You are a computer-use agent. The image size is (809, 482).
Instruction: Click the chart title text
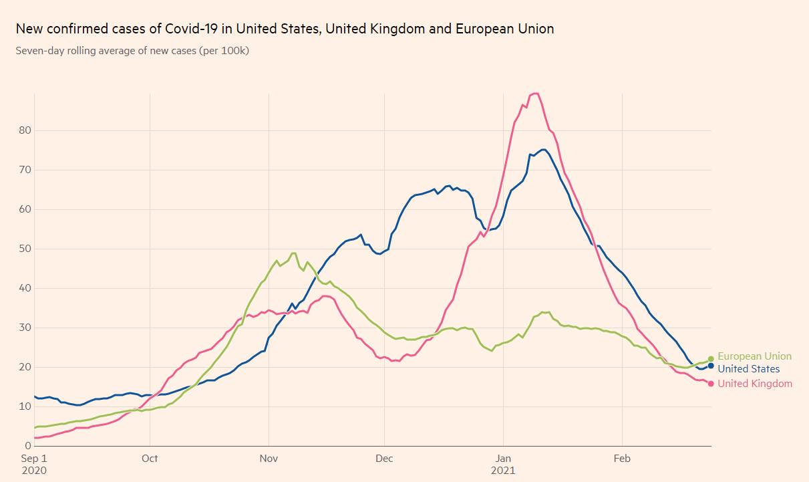tap(285, 29)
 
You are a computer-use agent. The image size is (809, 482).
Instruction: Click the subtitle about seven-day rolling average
tap(132, 51)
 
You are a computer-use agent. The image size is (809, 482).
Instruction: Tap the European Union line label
tap(754, 356)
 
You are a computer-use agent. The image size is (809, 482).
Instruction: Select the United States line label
tap(748, 369)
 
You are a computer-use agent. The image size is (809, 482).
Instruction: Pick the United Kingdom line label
tap(755, 384)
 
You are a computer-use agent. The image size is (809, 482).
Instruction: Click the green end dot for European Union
tap(711, 359)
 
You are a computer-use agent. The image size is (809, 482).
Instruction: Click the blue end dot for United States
tap(711, 366)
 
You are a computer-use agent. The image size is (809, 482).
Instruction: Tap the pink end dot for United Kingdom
tap(711, 384)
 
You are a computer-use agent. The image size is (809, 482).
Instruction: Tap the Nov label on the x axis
tap(269, 459)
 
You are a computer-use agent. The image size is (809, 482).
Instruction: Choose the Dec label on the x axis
tap(384, 459)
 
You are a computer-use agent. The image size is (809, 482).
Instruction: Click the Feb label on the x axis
tap(622, 459)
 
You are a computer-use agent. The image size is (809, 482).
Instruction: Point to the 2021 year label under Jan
tap(504, 470)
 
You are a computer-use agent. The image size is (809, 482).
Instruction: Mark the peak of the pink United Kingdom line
tap(535, 94)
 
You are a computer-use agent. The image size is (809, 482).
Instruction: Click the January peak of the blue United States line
tap(544, 149)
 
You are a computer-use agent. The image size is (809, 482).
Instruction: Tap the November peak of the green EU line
tap(293, 253)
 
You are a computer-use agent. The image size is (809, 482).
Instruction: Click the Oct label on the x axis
tap(150, 459)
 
